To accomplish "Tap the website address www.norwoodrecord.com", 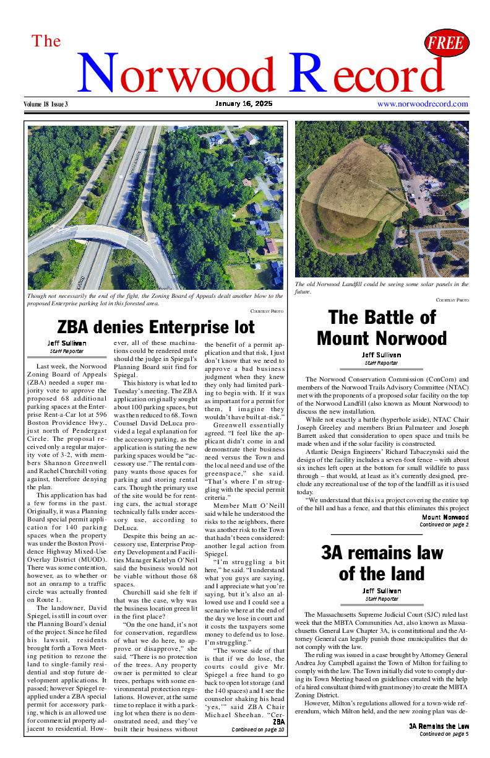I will point(423,104).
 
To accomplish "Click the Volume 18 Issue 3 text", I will point(46,104).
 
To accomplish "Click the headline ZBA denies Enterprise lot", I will point(155,326).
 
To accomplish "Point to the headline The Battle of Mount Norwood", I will point(382,328).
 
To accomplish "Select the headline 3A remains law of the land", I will point(382,563).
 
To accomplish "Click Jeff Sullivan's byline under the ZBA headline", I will point(67,343).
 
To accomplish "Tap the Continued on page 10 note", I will point(258,730).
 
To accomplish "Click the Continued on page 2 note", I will point(444,525).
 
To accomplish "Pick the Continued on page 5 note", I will point(444,734).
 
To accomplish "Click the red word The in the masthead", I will point(46,41).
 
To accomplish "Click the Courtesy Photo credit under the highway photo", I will point(267,311).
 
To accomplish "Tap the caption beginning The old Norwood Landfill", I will point(381,288).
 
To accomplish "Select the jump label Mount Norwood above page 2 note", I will point(445,517).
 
